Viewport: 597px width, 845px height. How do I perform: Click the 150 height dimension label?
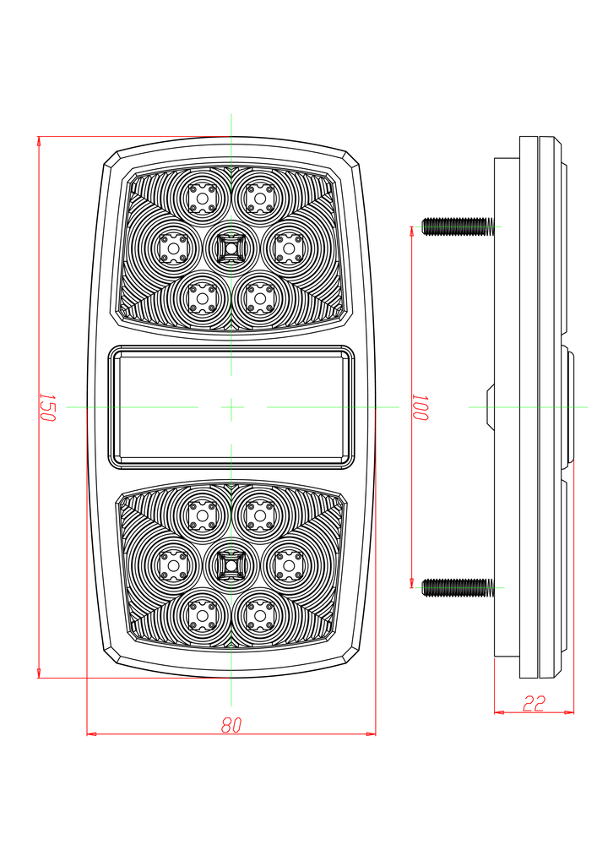47,407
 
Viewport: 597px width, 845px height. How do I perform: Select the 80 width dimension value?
231,724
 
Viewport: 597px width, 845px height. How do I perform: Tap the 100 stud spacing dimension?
421,407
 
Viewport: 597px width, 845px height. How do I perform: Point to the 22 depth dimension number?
534,703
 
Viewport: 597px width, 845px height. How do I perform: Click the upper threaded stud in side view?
457,226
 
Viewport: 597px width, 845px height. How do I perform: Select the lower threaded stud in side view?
457,586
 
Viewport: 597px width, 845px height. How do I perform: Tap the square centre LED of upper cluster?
230,247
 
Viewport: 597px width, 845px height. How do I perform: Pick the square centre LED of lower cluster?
230,564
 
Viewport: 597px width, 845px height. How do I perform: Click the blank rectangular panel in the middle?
231,407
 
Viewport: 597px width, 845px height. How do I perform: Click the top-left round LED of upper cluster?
202,197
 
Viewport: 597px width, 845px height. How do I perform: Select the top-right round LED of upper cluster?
259,197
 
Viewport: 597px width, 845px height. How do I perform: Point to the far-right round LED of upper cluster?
288,247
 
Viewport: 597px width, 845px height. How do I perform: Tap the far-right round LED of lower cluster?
288,564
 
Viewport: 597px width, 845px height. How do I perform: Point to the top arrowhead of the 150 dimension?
39,141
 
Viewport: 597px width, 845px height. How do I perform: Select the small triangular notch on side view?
489,407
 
